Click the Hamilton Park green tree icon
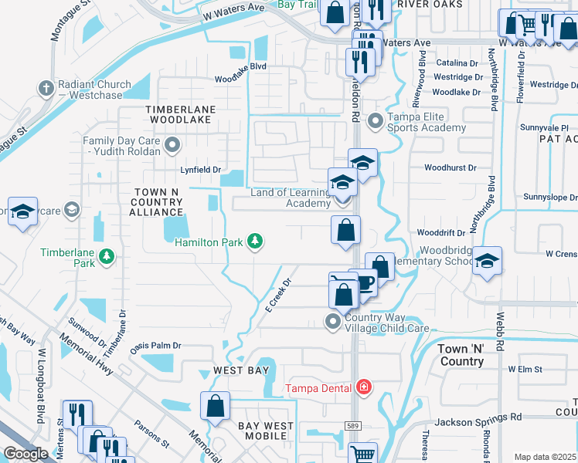click(x=254, y=242)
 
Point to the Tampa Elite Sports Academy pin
click(x=376, y=120)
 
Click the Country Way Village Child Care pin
click(x=333, y=320)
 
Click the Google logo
click(x=25, y=454)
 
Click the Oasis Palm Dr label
click(x=155, y=346)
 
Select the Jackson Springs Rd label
click(x=478, y=417)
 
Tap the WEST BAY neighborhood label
click(x=241, y=371)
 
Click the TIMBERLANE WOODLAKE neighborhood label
click(x=179, y=115)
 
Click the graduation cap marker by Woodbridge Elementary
click(x=487, y=262)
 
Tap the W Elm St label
click(x=526, y=369)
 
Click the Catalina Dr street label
click(x=457, y=63)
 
